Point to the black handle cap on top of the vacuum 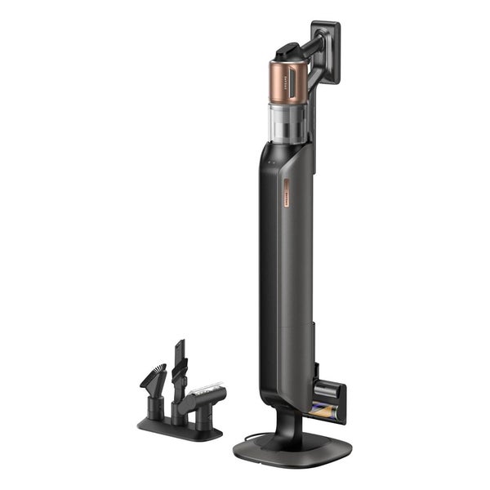pos(287,51)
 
